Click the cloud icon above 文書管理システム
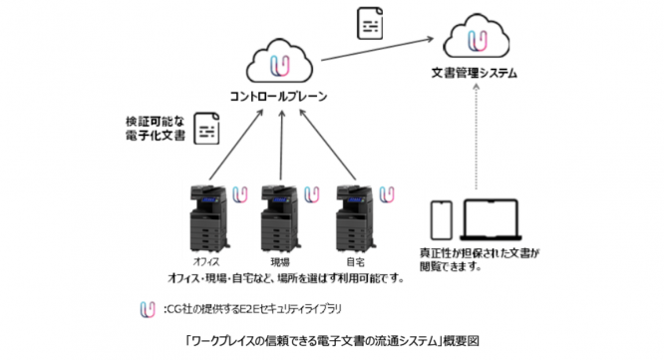pos(480,41)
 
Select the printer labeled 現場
pos(278,219)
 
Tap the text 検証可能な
pos(150,120)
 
